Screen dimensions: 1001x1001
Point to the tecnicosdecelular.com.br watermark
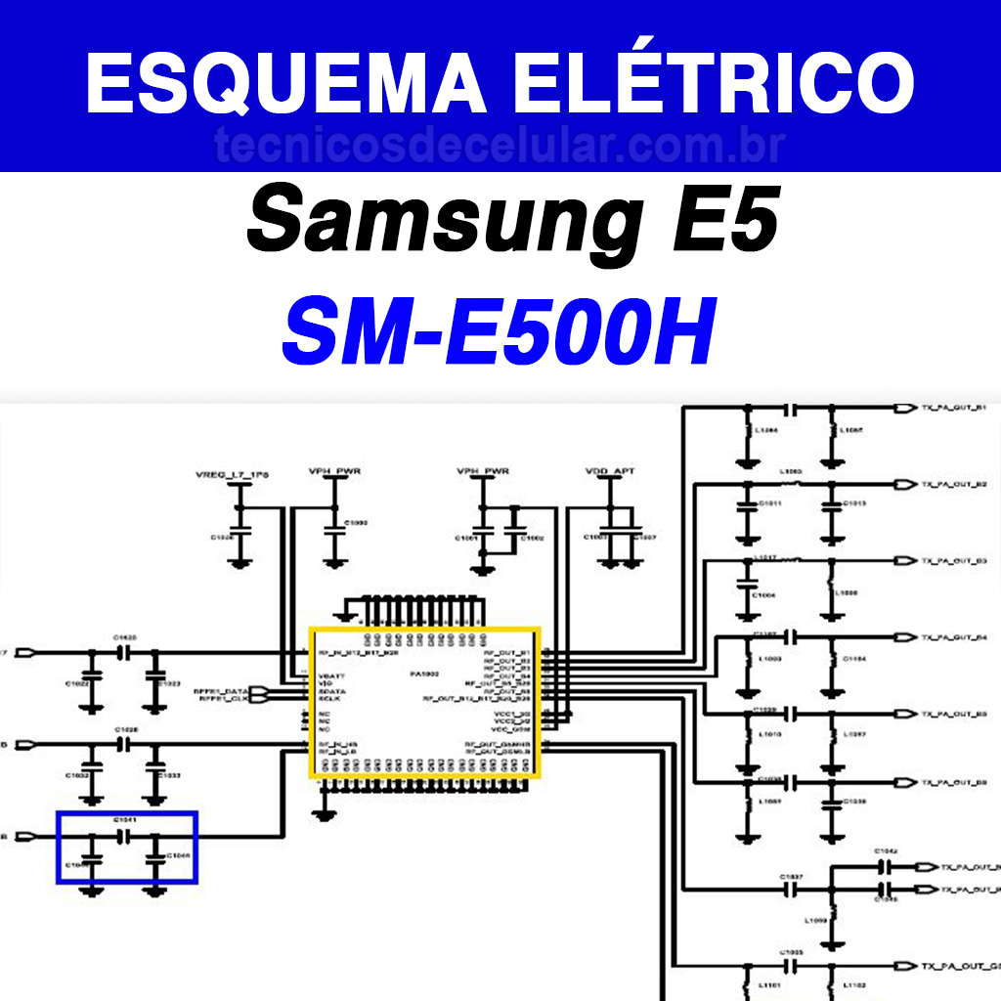click(x=500, y=147)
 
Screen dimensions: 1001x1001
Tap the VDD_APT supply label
click(x=609, y=471)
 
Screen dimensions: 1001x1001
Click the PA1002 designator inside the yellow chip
click(x=426, y=675)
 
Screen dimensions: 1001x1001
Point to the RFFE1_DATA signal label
click(x=222, y=690)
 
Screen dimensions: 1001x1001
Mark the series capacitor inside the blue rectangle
click(x=124, y=837)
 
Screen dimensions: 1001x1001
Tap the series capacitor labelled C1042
click(x=885, y=866)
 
